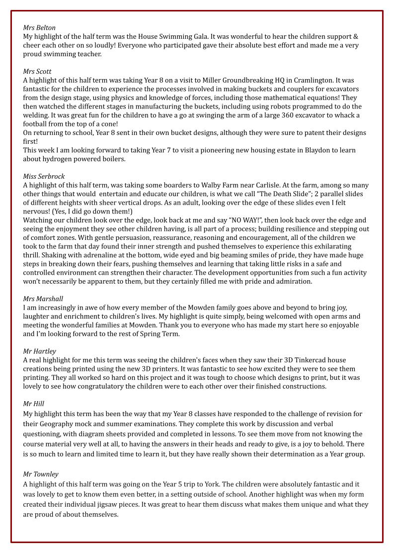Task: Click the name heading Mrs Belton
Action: [39, 28]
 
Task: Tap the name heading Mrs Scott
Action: [37, 72]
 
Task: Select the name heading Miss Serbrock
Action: [44, 177]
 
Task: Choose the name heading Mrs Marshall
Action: [43, 299]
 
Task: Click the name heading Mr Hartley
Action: [40, 351]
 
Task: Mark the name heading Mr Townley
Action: [41, 474]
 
